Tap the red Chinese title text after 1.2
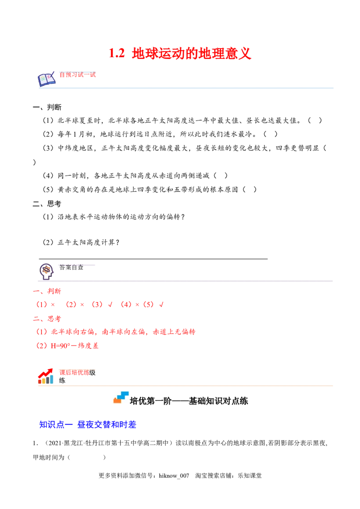191,53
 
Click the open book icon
46,79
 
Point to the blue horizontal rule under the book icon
185,88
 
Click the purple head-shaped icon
46,272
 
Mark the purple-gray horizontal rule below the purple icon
185,282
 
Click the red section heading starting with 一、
47,291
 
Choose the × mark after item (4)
137,305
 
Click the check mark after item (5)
162,305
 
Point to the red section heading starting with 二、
47,319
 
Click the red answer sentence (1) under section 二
117,332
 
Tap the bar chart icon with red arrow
45,377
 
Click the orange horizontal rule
185,386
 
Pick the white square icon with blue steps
122,397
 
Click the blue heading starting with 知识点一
87,424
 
